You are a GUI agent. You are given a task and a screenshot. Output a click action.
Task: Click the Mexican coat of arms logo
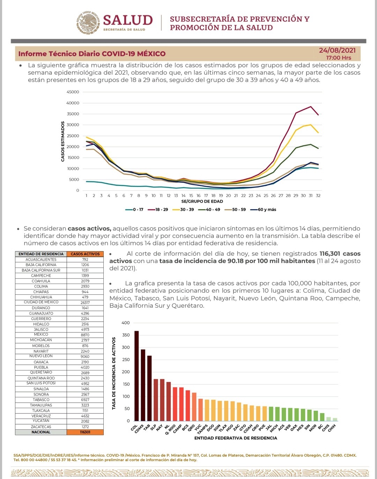point(88,23)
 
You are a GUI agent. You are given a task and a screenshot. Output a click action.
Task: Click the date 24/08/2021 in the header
point(337,51)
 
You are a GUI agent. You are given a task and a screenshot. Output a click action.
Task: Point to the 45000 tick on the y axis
point(73,92)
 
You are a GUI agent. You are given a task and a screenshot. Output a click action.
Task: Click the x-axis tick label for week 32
point(318,196)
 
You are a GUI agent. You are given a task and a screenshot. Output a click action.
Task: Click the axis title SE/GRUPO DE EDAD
point(202,201)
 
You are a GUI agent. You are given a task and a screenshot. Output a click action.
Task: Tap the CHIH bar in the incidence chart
point(335,419)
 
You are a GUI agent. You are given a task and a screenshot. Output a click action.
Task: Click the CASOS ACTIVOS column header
point(85,254)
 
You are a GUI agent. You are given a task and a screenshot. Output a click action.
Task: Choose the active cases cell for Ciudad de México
point(85,302)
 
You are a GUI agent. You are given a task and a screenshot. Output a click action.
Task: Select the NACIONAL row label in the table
point(41,432)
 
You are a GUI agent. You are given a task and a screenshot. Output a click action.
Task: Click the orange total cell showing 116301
point(85,432)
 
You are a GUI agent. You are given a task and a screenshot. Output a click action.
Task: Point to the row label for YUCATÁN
point(41,421)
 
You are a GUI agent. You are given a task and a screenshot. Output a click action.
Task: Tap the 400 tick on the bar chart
point(126,323)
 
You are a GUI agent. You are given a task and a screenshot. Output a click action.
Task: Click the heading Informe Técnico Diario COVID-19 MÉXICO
point(92,54)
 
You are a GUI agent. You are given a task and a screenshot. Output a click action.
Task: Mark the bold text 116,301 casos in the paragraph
point(340,254)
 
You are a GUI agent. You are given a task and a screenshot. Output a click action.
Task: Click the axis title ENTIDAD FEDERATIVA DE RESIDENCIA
point(236,438)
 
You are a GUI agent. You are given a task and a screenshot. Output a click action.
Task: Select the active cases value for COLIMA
point(85,286)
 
